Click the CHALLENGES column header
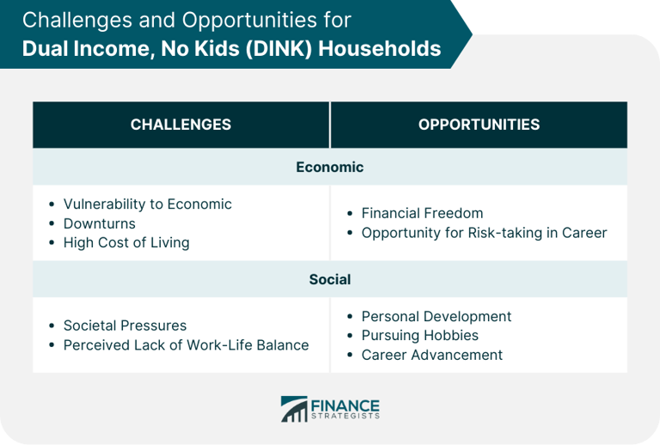[x=180, y=125]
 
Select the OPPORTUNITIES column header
[x=479, y=125]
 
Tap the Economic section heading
[x=330, y=167]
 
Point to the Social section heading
[x=330, y=279]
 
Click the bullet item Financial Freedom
[x=422, y=213]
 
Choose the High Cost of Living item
[x=126, y=243]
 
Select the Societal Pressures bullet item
[x=125, y=326]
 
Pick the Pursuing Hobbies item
[x=420, y=336]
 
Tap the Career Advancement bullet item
[x=432, y=355]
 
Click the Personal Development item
[x=437, y=317]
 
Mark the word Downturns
[x=100, y=223]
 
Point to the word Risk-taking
[x=505, y=233]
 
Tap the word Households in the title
[x=380, y=48]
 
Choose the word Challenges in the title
[x=77, y=21]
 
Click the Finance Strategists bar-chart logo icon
[x=294, y=409]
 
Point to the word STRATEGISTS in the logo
[x=345, y=416]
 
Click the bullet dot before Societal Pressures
[x=52, y=326]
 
